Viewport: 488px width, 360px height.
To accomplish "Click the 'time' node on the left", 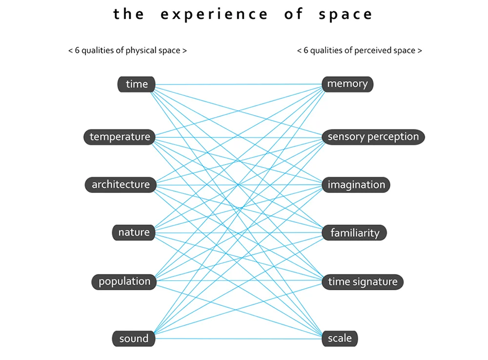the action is (x=136, y=84).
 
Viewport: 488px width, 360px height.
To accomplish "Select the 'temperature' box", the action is (x=120, y=137).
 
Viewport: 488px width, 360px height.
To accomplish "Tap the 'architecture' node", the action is (x=121, y=185).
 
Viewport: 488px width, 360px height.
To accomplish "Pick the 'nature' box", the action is (x=133, y=232).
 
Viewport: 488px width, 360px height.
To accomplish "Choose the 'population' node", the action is (x=124, y=281).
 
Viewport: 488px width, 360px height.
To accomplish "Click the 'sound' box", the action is (x=133, y=339).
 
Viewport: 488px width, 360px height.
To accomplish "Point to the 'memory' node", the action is (x=347, y=84).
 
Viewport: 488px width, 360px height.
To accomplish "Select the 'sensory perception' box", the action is (x=373, y=137).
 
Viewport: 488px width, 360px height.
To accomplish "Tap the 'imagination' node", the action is (x=356, y=185).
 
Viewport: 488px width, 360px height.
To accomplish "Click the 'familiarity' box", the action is (x=354, y=233).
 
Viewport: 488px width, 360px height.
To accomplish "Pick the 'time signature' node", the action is (x=363, y=282).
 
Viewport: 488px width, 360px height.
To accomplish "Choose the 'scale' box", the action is (x=340, y=339).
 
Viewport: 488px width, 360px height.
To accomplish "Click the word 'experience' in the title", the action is (x=214, y=15).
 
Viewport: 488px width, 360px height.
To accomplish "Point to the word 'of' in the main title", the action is (x=293, y=15).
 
